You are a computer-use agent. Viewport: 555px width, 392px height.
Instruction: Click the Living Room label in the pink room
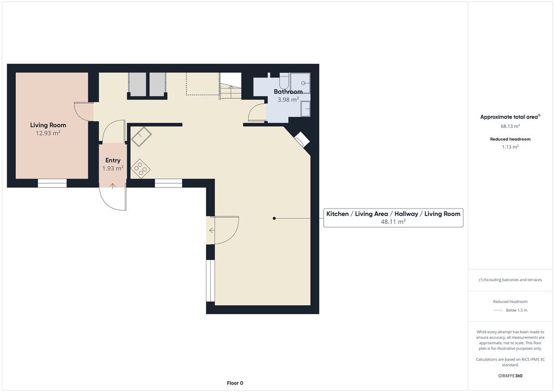48,125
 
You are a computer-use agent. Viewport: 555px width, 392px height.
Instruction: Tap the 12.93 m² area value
48,133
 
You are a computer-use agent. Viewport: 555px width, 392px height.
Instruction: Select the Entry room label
113,160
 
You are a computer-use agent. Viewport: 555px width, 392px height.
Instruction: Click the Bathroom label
288,92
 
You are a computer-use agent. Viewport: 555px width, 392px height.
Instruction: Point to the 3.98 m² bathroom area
288,100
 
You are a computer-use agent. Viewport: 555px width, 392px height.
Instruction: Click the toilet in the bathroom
284,81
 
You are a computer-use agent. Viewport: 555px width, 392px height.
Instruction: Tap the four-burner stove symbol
140,168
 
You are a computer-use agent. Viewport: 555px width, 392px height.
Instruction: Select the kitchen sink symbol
141,136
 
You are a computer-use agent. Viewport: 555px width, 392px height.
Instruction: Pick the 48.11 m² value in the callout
393,222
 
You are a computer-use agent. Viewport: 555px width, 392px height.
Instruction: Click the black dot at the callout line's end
274,218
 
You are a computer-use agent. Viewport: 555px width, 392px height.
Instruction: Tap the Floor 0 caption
235,383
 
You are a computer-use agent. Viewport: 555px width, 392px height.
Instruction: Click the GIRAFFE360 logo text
510,376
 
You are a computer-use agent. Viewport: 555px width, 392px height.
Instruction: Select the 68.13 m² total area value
510,126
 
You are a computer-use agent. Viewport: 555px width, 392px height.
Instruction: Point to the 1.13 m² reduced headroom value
510,147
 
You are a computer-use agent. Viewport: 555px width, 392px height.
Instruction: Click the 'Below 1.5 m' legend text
517,310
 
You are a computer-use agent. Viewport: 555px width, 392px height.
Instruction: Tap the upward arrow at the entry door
113,186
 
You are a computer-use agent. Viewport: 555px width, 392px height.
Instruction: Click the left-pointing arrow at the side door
212,231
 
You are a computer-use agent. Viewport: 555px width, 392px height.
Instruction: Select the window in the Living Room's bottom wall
53,183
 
